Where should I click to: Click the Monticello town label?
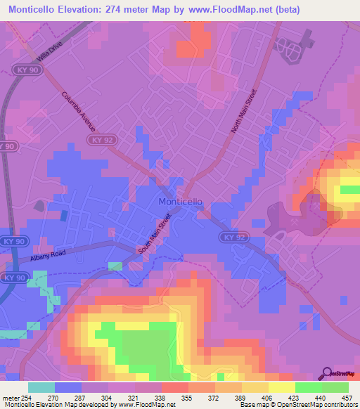(181, 201)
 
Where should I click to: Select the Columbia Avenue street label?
(78, 111)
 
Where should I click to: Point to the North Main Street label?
(245, 111)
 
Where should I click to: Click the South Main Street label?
(154, 236)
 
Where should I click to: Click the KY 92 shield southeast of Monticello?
(233, 238)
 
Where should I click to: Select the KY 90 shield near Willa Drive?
(22, 70)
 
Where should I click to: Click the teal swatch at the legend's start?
(41, 387)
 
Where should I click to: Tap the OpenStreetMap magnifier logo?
(327, 373)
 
